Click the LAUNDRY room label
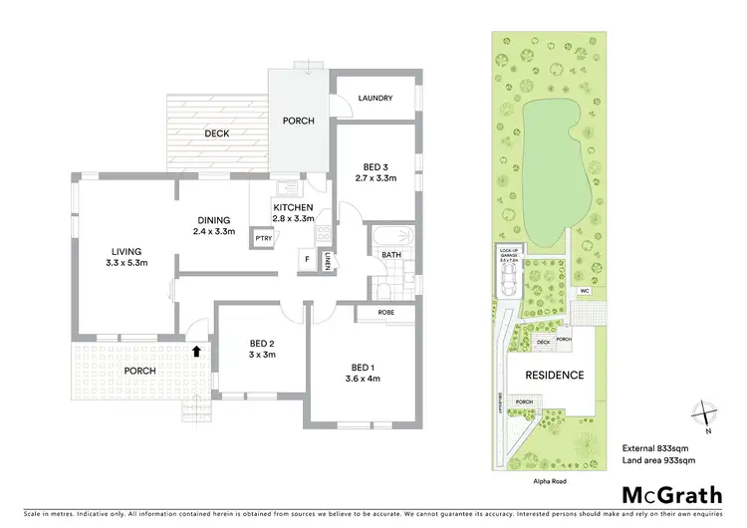coord(375,99)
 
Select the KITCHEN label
coord(293,206)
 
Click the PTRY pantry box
coord(264,238)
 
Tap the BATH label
coord(390,255)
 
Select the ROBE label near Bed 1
coord(389,313)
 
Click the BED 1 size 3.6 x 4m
coord(365,379)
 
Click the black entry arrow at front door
coord(196,351)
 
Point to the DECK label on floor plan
coord(217,133)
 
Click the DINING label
coord(213,220)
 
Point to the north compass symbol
coord(704,413)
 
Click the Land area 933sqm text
coord(658,460)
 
